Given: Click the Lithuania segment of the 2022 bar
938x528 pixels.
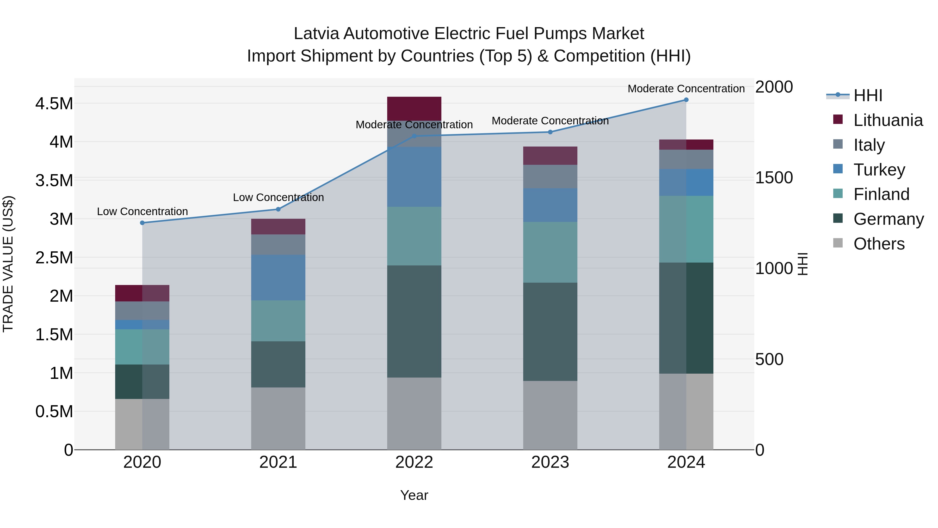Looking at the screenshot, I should tap(414, 108).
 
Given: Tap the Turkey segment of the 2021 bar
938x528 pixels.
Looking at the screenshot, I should tap(278, 277).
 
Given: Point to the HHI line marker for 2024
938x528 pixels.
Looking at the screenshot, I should tap(686, 100).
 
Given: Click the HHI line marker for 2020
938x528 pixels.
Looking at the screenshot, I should tap(142, 223).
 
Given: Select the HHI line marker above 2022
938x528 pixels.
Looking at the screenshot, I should tap(414, 136).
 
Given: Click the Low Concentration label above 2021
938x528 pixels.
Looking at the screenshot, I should tap(278, 197).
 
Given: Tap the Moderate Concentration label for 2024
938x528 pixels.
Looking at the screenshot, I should tap(686, 89).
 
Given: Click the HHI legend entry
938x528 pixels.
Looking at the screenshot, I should tap(868, 95).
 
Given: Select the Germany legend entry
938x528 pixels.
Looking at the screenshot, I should tap(888, 219).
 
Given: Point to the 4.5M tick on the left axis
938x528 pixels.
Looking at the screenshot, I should tap(54, 104).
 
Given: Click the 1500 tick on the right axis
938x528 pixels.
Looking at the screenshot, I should tap(774, 178).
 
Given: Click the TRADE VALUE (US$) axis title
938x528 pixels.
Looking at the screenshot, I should tap(8, 264).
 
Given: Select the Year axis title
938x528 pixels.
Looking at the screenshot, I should tap(414, 495).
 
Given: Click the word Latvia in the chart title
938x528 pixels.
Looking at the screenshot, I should tap(316, 34).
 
